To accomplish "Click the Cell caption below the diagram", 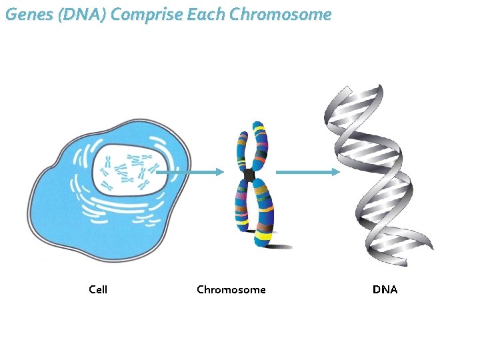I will point(98,289).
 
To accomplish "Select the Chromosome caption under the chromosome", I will point(231,289).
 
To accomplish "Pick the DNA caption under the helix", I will point(385,289).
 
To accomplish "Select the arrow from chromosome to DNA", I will point(307,172).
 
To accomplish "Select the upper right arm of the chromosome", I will point(259,145).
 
